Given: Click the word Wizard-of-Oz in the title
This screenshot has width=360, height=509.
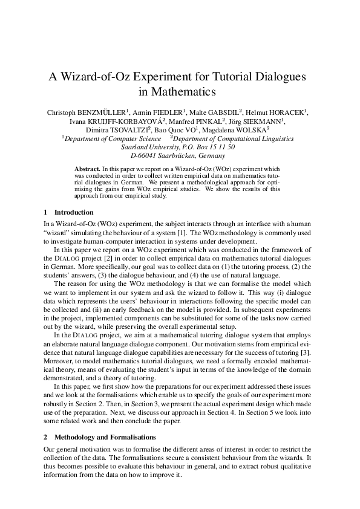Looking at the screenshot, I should (x=97, y=77).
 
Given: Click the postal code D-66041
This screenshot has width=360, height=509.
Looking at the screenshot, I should (x=143, y=155).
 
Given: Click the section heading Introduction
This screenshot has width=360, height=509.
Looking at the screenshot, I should (x=73, y=212).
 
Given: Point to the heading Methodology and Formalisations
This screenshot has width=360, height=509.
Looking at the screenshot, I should (x=105, y=436).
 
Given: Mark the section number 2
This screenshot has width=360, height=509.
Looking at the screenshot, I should (x=46, y=436).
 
